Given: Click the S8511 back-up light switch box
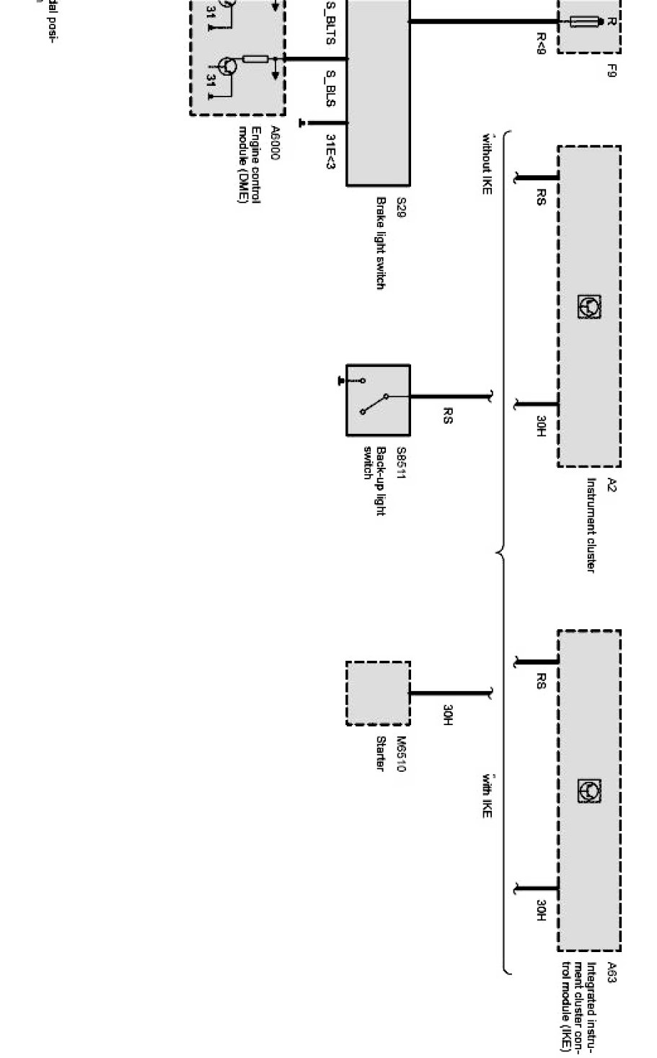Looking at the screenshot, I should pos(378,399).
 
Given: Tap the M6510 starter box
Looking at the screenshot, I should pos(378,693).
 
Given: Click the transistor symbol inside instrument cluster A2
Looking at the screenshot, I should pos(588,308).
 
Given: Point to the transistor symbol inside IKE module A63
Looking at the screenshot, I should pos(588,791).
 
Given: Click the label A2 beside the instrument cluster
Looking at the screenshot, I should pos(612,485).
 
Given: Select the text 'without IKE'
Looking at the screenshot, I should pos(487,163).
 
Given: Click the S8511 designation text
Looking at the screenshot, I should pos(401,463).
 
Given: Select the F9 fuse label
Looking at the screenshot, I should pos(612,71).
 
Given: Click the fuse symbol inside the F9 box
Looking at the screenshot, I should pos(586,22).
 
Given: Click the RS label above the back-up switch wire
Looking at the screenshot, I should pos(446,416).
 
